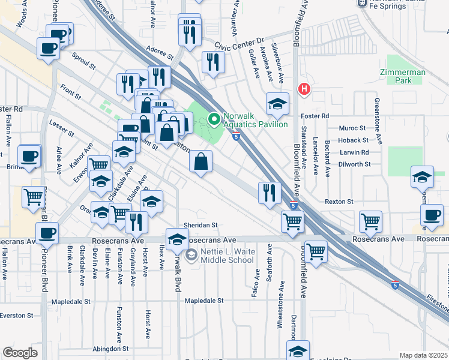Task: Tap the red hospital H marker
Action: (x=304, y=89)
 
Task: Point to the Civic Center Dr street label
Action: (x=240, y=42)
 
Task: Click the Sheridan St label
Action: (x=200, y=225)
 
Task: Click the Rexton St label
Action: (x=340, y=202)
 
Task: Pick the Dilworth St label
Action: (x=354, y=164)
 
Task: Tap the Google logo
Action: (x=20, y=353)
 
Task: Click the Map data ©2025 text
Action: (x=424, y=355)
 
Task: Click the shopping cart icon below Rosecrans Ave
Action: (x=315, y=251)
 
